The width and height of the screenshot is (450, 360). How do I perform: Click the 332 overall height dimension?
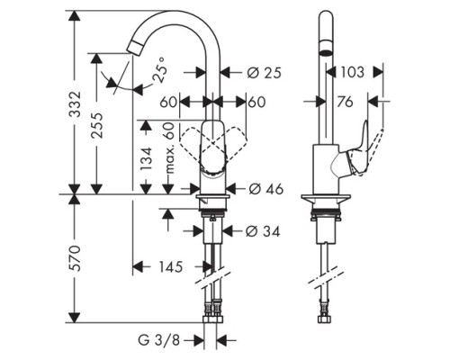coord(75,103)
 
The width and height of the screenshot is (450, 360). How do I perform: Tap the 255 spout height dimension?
coord(97,125)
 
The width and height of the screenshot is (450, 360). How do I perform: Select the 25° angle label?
coord(158,69)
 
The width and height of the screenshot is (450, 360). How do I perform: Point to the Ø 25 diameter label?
coord(265,73)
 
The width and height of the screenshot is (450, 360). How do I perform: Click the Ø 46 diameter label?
coord(266,189)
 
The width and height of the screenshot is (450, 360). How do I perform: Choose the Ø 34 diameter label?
coord(263,231)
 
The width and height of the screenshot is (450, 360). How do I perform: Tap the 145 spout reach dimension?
coord(171,266)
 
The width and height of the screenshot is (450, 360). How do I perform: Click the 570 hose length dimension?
coord(75,258)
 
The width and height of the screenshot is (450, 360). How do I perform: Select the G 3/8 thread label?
coord(159,340)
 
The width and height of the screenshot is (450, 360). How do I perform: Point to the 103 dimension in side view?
coord(353,72)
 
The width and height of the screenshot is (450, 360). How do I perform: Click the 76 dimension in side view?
coord(345,102)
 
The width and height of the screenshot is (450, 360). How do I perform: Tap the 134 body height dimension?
coord(147,158)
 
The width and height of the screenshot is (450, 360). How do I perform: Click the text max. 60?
coord(170,148)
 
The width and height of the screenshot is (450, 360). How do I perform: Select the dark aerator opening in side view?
coord(326,53)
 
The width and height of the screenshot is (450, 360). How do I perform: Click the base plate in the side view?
coord(326,198)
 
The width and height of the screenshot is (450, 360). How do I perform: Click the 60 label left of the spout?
coord(168,102)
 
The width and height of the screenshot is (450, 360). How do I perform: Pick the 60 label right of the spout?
coord(257,102)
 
